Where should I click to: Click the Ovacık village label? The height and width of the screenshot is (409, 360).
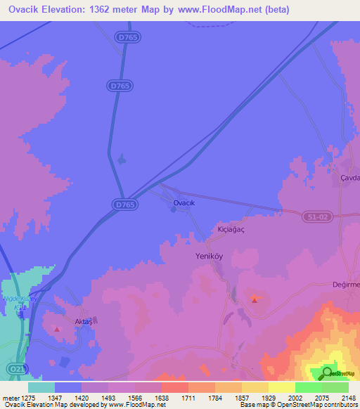(188, 203)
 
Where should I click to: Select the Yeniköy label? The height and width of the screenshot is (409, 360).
(208, 257)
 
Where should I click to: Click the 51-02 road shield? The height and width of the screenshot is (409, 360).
(316, 218)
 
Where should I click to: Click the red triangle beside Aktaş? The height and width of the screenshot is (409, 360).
(57, 328)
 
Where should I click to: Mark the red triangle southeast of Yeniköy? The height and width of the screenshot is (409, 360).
(254, 300)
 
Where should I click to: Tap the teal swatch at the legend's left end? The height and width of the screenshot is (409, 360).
(41, 387)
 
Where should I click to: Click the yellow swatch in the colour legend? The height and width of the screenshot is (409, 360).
(281, 387)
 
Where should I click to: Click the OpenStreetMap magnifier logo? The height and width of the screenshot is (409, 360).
(327, 372)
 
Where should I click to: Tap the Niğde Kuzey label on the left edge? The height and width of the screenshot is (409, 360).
(20, 298)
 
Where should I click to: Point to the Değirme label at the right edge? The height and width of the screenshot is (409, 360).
(345, 284)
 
